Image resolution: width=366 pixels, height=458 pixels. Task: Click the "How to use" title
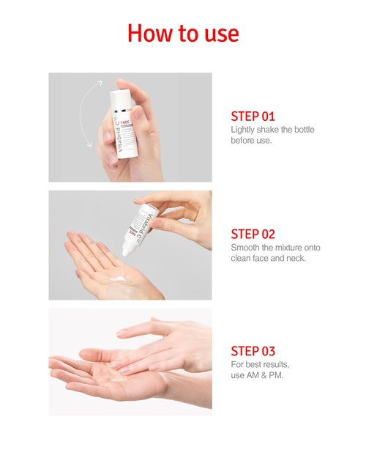(182, 33)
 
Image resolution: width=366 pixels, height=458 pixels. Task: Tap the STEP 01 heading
(253, 116)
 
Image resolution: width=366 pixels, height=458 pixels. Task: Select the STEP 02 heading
(253, 234)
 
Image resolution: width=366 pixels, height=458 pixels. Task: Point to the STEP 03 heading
(253, 351)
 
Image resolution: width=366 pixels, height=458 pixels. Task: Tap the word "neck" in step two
(296, 258)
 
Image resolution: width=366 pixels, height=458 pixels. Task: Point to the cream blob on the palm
(117, 278)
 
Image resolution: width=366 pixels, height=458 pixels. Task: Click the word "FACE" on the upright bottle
(125, 124)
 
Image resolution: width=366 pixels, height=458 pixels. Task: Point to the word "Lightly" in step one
(244, 129)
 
